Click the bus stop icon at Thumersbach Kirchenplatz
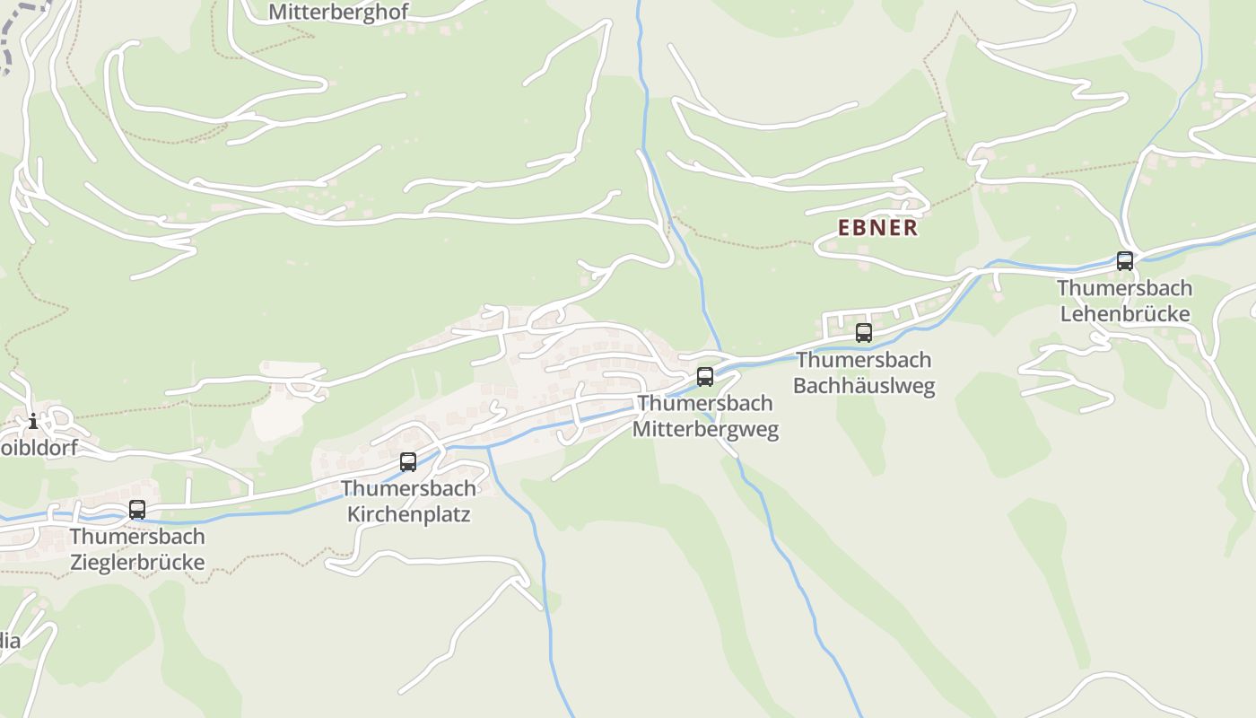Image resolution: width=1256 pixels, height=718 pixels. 408,462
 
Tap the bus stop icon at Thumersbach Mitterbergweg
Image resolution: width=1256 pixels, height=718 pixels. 705,377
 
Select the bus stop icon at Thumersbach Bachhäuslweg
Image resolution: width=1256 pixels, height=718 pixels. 864,333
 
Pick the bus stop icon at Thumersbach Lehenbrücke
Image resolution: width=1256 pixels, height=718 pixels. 1125,261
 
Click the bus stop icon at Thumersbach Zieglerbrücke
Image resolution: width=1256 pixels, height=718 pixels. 137,510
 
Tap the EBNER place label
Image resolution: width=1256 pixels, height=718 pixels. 878,228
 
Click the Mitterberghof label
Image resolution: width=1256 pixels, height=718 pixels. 338,13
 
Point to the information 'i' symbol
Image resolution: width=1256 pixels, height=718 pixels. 33,421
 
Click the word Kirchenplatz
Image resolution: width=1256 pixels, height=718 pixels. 408,515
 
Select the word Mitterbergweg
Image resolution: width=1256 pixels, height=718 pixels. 705,429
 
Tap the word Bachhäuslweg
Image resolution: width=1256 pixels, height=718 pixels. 864,386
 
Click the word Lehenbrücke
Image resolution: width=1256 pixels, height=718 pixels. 1125,314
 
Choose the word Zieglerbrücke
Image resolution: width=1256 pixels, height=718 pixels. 137,563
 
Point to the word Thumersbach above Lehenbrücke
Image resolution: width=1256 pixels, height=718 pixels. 1125,288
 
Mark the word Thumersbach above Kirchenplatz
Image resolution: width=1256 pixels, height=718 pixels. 408,489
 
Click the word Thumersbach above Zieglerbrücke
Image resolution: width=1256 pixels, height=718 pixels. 137,537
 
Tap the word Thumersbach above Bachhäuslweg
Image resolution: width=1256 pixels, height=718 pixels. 864,360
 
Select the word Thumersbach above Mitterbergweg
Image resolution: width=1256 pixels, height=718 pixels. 705,403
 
